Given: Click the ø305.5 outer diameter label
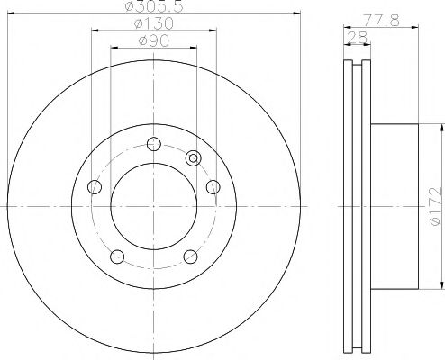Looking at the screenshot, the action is tap(154, 6).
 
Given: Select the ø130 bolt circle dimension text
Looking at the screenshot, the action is tap(154, 23).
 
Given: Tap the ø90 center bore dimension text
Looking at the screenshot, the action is tap(154, 41).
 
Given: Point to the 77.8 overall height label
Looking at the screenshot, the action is tap(381, 21).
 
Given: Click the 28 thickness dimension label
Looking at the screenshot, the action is tap(358, 38).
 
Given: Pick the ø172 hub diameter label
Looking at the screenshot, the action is tap(436, 206).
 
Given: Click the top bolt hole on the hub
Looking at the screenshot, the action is tap(154, 144).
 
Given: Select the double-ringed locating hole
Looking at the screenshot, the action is tap(194, 157).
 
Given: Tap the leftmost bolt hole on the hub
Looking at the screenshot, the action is tap(95, 187).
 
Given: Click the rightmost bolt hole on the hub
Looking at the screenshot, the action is tap(213, 187).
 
